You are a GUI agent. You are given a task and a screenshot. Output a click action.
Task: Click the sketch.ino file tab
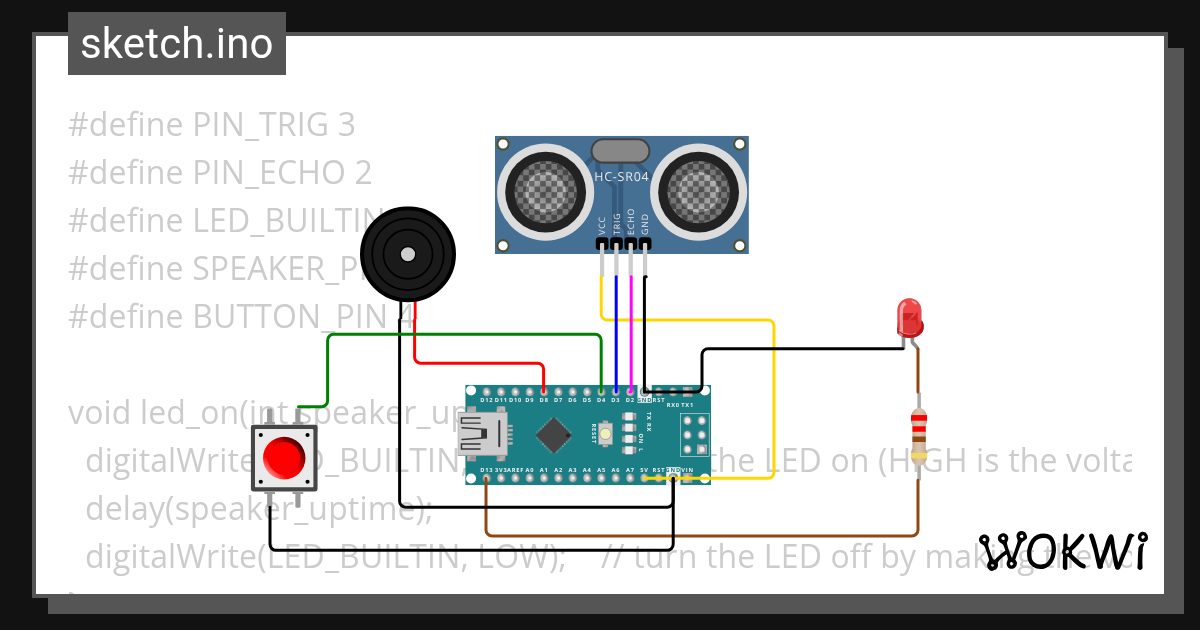(x=177, y=44)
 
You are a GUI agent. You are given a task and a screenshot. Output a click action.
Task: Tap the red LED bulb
(x=910, y=318)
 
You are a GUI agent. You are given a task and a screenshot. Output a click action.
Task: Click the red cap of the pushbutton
(x=284, y=459)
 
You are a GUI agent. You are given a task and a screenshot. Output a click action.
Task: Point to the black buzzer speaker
(x=407, y=255)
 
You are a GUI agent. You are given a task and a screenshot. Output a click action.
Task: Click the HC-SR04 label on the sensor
(x=621, y=178)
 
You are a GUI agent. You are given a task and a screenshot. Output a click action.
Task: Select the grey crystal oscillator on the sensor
(x=621, y=151)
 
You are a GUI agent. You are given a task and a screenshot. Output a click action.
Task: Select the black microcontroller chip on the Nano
(x=553, y=434)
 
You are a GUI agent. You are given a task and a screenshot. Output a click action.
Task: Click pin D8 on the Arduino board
(x=543, y=399)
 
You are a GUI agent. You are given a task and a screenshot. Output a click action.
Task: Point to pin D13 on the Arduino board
(x=485, y=470)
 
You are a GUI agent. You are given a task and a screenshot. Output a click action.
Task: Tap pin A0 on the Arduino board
(x=529, y=470)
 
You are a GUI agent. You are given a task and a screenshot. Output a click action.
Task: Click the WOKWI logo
(x=1063, y=551)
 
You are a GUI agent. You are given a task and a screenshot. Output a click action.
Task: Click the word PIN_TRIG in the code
(x=265, y=125)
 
